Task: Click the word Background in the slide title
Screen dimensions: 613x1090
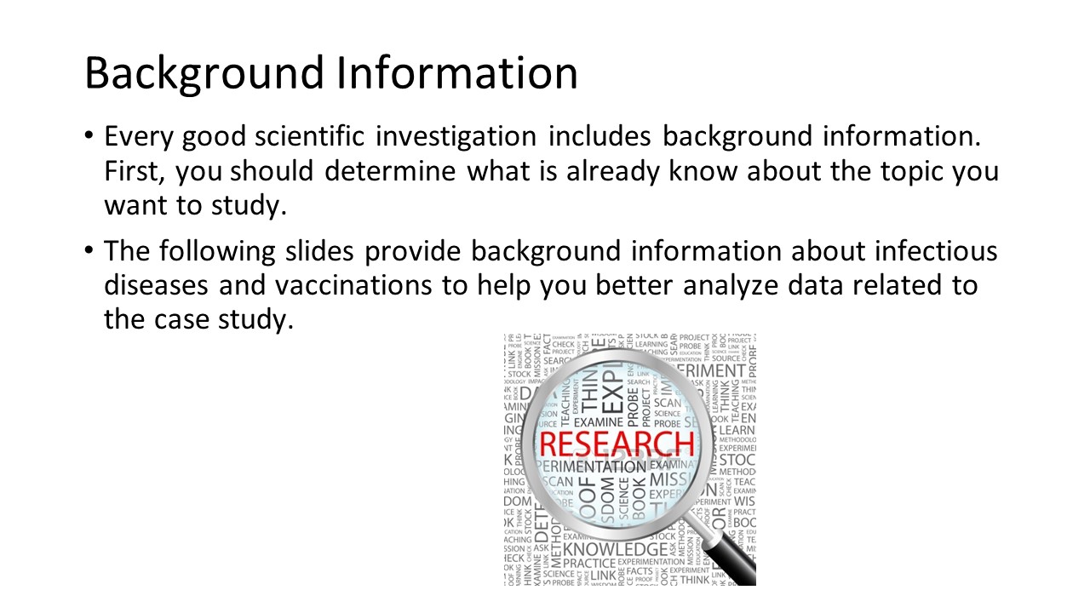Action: (203, 73)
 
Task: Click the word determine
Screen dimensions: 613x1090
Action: (393, 171)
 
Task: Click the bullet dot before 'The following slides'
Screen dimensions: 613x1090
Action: (89, 252)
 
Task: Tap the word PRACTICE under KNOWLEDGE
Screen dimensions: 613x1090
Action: (589, 564)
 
